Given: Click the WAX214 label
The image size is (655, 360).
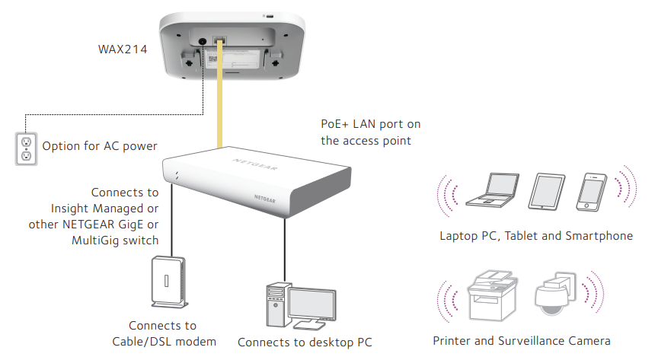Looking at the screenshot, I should tap(123, 49).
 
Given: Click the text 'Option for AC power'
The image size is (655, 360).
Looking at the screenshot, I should tap(100, 146).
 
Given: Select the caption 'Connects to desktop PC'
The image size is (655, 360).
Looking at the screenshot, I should tap(305, 342).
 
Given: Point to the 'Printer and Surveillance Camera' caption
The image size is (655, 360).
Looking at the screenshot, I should tap(522, 341).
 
